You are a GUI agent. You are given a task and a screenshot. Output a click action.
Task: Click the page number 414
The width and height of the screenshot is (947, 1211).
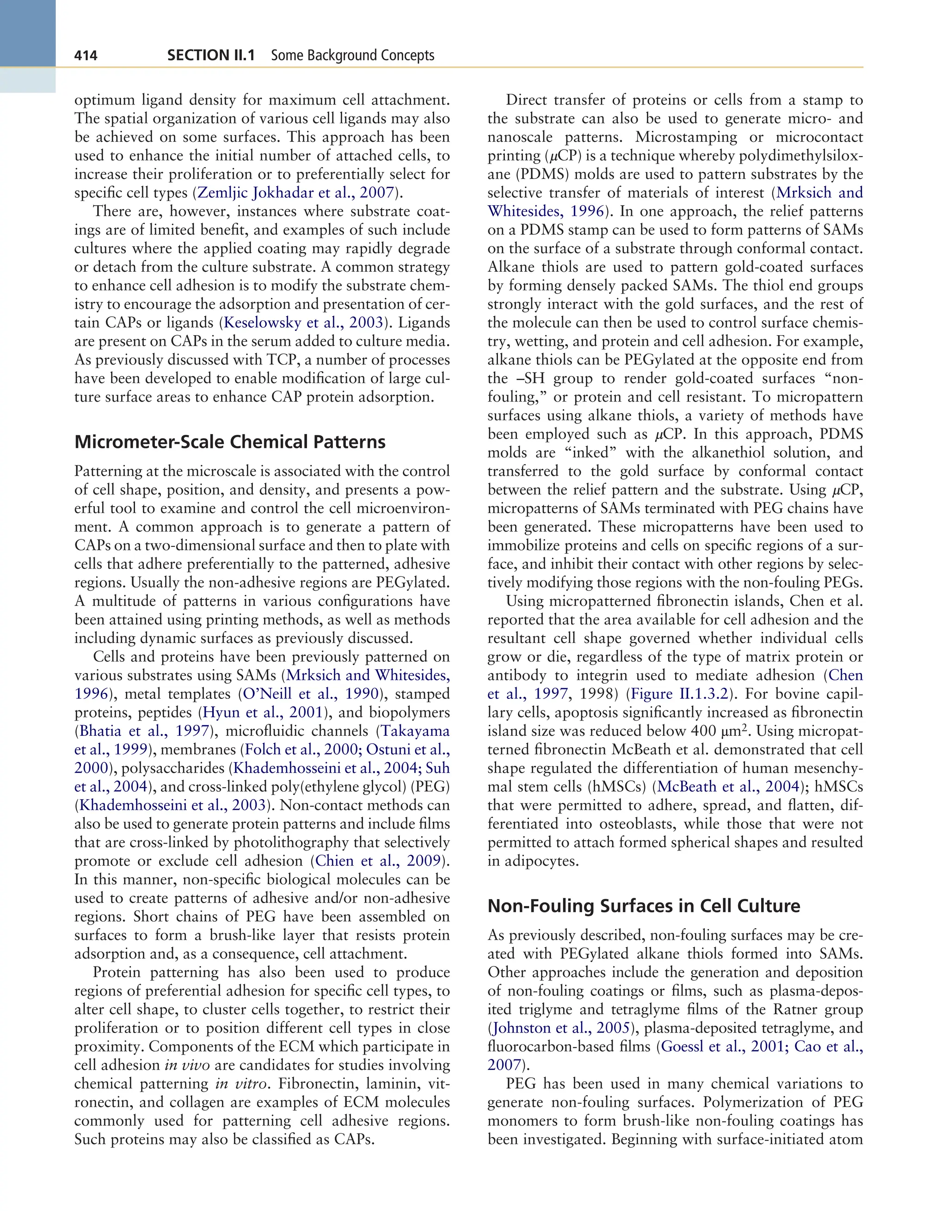(x=86, y=55)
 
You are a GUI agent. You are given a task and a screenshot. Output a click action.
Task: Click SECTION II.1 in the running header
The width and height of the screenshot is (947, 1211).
(x=211, y=55)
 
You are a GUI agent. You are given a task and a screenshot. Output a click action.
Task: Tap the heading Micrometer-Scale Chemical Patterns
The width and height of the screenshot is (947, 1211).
(x=230, y=442)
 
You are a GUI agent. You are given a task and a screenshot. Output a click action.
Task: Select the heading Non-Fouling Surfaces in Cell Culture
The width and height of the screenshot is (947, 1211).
(x=644, y=905)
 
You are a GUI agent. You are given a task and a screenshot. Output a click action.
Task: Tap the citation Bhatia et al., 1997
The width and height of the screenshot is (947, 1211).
(x=144, y=731)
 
